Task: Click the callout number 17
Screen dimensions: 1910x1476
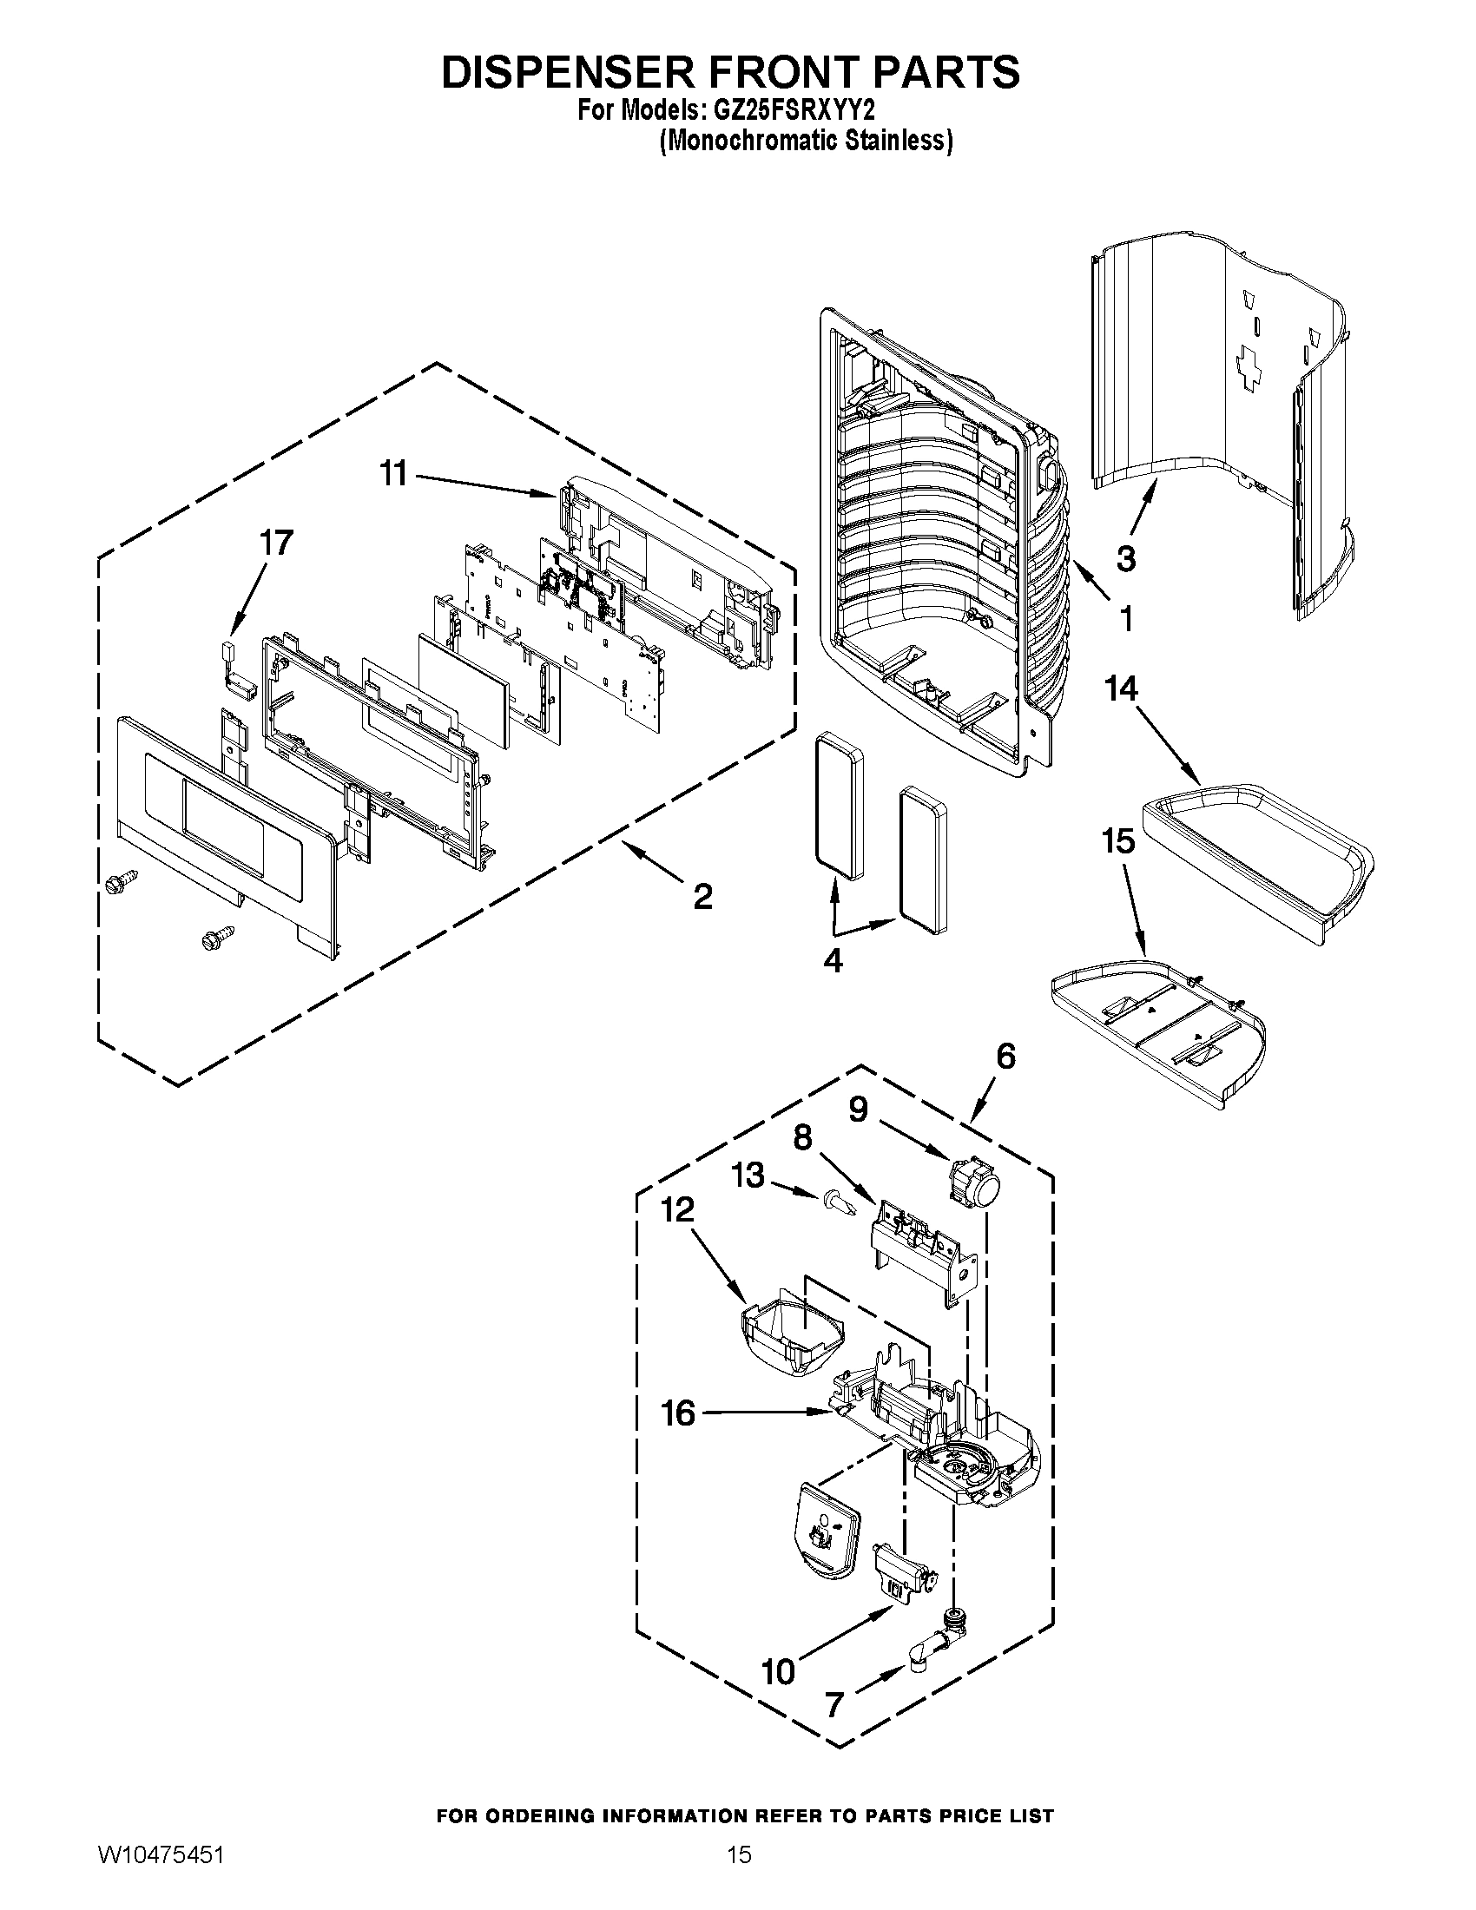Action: (275, 543)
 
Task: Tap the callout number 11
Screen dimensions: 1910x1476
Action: (393, 474)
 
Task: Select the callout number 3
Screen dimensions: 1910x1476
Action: (1126, 557)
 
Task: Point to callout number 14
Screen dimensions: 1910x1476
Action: (1122, 688)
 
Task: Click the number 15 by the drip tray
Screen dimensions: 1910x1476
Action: (1117, 841)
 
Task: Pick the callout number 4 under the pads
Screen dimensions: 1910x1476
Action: (833, 960)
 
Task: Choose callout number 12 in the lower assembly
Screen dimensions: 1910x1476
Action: (678, 1209)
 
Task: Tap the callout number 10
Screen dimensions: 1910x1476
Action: (778, 1672)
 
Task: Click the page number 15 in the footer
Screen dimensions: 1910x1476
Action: (739, 1853)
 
